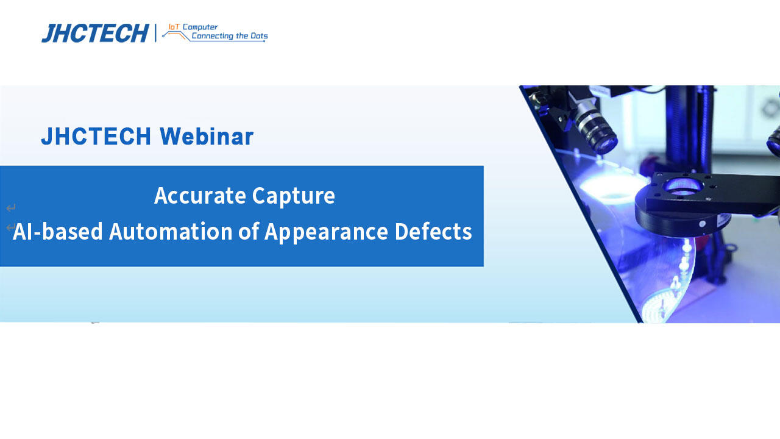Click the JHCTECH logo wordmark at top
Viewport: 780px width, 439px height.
[x=95, y=34]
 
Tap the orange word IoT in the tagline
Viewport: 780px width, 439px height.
[x=174, y=27]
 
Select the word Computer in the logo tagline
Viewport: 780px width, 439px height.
[x=200, y=27]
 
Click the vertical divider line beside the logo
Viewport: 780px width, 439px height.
[x=155, y=33]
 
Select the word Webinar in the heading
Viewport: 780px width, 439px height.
[x=207, y=137]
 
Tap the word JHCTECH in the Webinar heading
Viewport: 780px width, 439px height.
[x=96, y=137]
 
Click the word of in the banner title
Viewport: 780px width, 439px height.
[x=249, y=232]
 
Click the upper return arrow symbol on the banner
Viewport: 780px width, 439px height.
[x=10, y=209]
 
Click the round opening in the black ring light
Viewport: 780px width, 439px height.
[x=682, y=186]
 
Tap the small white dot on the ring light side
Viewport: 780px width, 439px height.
[x=702, y=224]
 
